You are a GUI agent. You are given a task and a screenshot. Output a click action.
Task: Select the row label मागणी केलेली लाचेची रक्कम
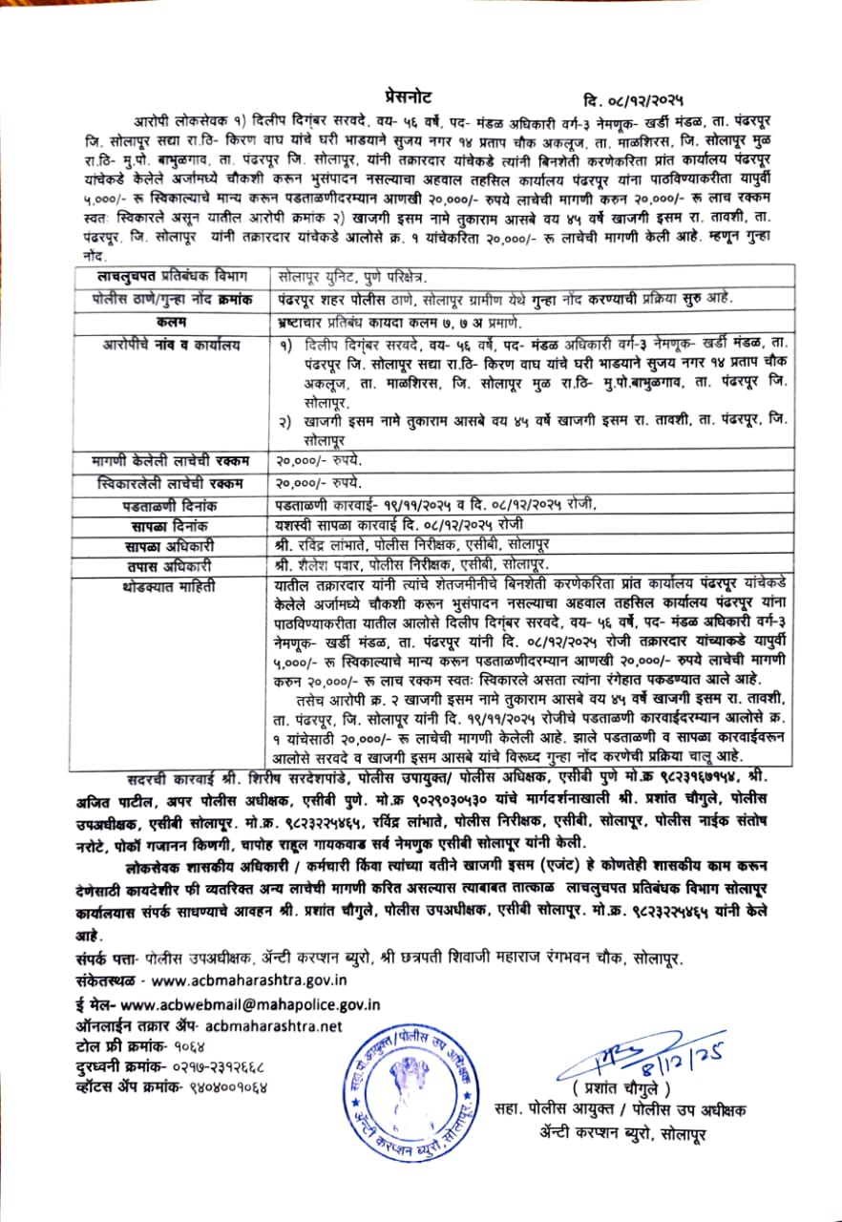point(172,459)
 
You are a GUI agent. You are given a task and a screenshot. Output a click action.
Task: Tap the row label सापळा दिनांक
point(172,525)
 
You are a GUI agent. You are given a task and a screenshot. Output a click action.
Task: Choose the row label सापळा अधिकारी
point(172,546)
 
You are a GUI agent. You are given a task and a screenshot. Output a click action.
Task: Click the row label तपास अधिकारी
point(172,565)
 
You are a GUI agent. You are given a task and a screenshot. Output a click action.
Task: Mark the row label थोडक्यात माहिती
point(172,586)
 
